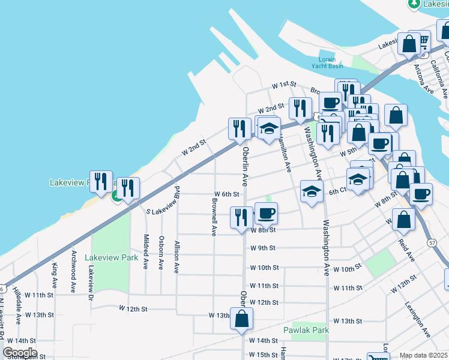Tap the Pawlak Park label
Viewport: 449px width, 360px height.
[x=306, y=330]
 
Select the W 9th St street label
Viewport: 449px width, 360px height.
[x=263, y=248]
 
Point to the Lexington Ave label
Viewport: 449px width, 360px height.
[x=417, y=319]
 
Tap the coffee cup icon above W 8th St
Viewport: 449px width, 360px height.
[x=267, y=212]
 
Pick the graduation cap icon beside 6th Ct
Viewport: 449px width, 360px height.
[x=312, y=191]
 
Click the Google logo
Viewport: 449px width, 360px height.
[x=20, y=353]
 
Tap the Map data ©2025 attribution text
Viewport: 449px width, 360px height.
[x=424, y=355]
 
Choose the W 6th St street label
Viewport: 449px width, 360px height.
[x=227, y=194]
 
